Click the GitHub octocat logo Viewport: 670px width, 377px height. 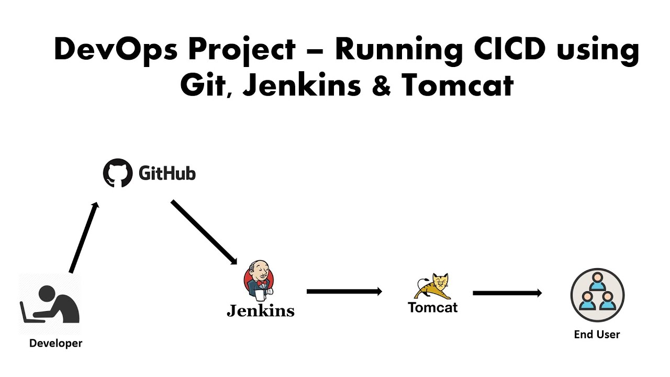tap(118, 173)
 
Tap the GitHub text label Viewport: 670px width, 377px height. tap(167, 173)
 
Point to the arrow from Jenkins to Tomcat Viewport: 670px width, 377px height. tap(344, 292)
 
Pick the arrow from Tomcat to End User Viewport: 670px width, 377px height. tap(507, 293)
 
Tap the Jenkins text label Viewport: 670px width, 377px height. tap(260, 311)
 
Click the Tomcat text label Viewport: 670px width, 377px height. tap(432, 307)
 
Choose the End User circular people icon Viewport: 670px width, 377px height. tap(597, 295)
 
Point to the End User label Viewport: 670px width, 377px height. tap(597, 335)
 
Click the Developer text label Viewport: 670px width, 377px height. tap(55, 343)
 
